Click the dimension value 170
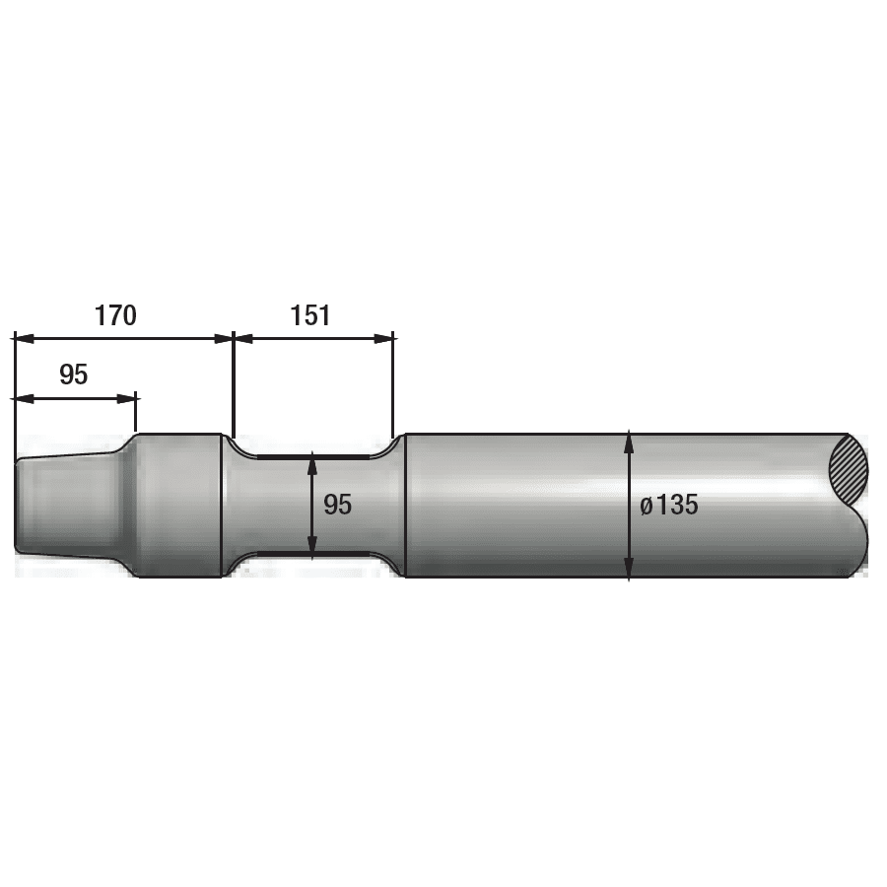(x=115, y=315)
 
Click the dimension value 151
(x=310, y=315)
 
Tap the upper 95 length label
(x=74, y=375)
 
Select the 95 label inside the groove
(x=338, y=505)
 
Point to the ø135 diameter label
(x=669, y=505)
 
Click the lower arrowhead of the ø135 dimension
(x=629, y=567)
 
